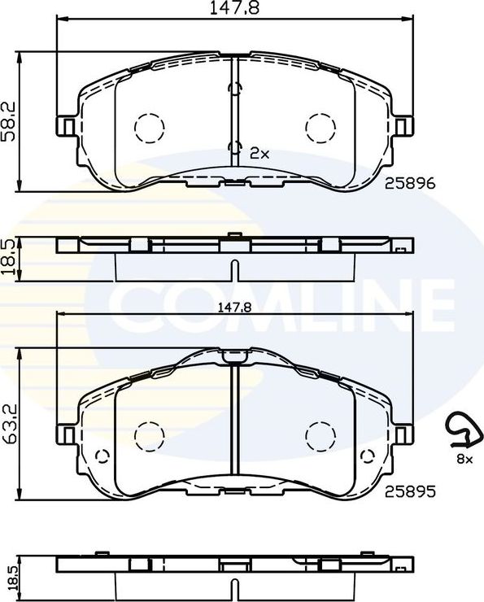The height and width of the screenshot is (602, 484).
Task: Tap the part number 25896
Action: (411, 185)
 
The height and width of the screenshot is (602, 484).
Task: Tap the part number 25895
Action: (411, 491)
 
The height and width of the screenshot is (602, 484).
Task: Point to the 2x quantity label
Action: (259, 152)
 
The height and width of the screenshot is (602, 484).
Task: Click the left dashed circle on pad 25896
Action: (147, 127)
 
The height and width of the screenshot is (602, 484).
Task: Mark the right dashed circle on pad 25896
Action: (320, 127)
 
